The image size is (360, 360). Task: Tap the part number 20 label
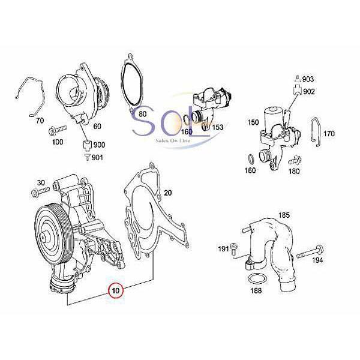pyautogui.click(x=167, y=193)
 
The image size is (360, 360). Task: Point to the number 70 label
pyautogui.click(x=41, y=121)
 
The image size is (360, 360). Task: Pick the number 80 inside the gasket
pyautogui.click(x=142, y=113)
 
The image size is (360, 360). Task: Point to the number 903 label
pyautogui.click(x=308, y=79)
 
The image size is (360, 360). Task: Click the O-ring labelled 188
pyautogui.click(x=256, y=280)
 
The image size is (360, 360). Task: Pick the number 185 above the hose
pyautogui.click(x=284, y=214)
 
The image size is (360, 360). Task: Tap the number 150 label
pyautogui.click(x=252, y=122)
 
